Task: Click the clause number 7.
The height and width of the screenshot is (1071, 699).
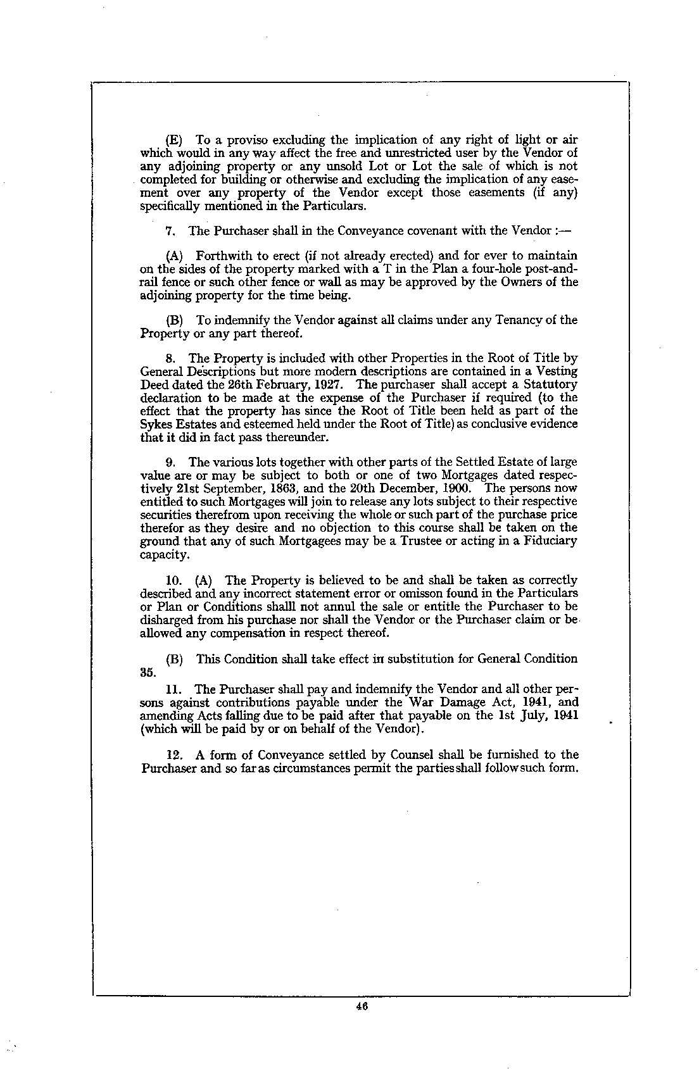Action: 169,230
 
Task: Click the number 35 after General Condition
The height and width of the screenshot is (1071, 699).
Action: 148,672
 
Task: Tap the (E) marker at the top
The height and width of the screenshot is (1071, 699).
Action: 174,140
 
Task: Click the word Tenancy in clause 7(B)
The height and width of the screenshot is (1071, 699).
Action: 522,320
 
